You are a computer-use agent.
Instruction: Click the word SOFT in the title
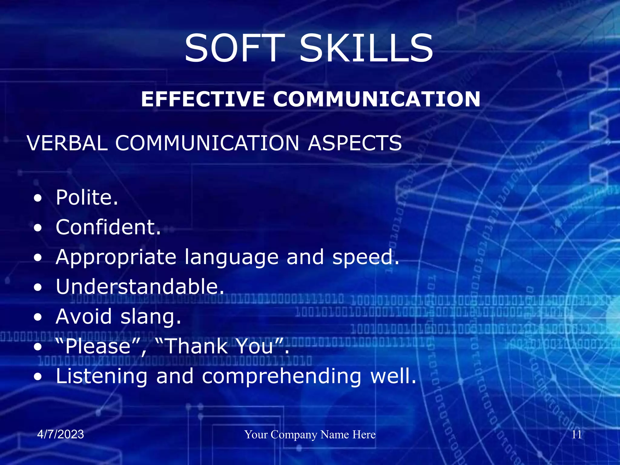pyautogui.click(x=235, y=48)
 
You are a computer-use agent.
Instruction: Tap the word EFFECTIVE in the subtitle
pyautogui.click(x=203, y=99)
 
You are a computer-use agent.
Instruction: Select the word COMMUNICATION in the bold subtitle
pyautogui.click(x=377, y=99)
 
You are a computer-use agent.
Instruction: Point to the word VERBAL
pyautogui.click(x=67, y=143)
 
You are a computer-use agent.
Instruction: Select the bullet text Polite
pyautogui.click(x=87, y=197)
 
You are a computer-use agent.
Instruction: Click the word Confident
pyautogui.click(x=108, y=227)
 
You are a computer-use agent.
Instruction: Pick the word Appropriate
pyautogui.click(x=116, y=258)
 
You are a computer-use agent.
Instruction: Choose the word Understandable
pyautogui.click(x=140, y=287)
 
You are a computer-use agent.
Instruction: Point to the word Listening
pyautogui.click(x=102, y=376)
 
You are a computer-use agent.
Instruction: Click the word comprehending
pyautogui.click(x=282, y=376)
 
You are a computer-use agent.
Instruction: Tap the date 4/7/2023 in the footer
pyautogui.click(x=61, y=434)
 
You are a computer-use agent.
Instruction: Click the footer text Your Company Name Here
pyautogui.click(x=310, y=435)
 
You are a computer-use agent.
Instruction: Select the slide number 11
pyautogui.click(x=576, y=435)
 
